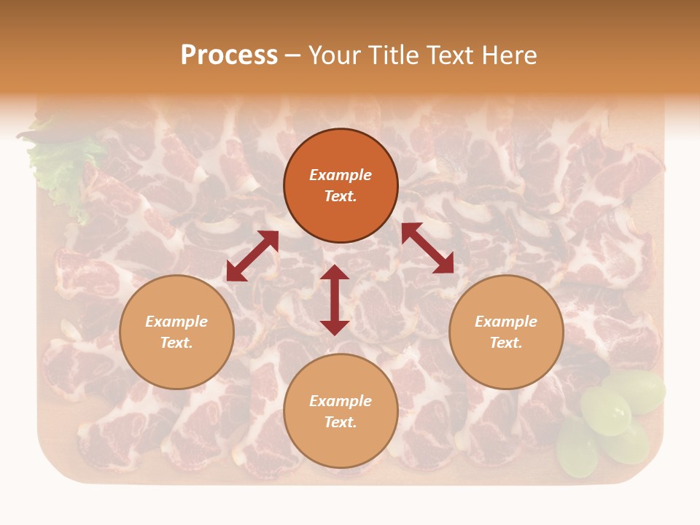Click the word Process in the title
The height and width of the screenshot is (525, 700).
tap(229, 55)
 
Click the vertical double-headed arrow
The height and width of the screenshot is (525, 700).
tap(335, 300)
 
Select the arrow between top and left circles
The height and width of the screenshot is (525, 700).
tap(252, 256)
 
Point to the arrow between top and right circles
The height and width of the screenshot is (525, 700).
tap(427, 248)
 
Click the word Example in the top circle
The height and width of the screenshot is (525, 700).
tap(341, 175)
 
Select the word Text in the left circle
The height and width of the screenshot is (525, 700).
tap(176, 343)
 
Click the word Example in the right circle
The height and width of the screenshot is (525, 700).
tap(506, 322)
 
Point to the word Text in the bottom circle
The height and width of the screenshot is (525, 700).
tap(341, 422)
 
